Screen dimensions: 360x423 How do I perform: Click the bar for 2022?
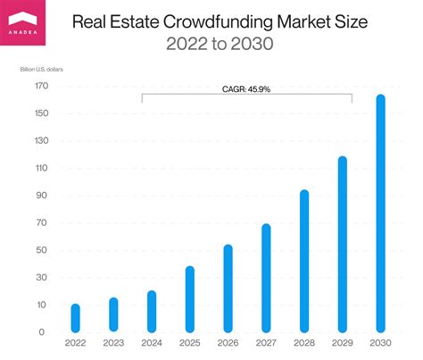75,319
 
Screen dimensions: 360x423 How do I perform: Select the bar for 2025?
189,299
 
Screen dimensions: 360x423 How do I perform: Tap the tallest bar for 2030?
380,214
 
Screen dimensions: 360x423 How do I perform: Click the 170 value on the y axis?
42,87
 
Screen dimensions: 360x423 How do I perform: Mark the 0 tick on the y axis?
42,332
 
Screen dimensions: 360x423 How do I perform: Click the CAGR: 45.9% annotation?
246,88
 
